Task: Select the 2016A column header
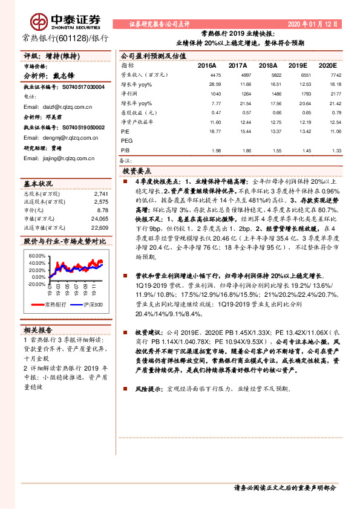click(x=207, y=65)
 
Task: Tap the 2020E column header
click(x=327, y=65)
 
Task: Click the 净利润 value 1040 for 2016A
click(x=215, y=93)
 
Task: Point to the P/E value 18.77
click(x=214, y=131)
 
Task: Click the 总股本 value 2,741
click(x=101, y=193)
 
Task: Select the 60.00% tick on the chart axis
click(x=37, y=256)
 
